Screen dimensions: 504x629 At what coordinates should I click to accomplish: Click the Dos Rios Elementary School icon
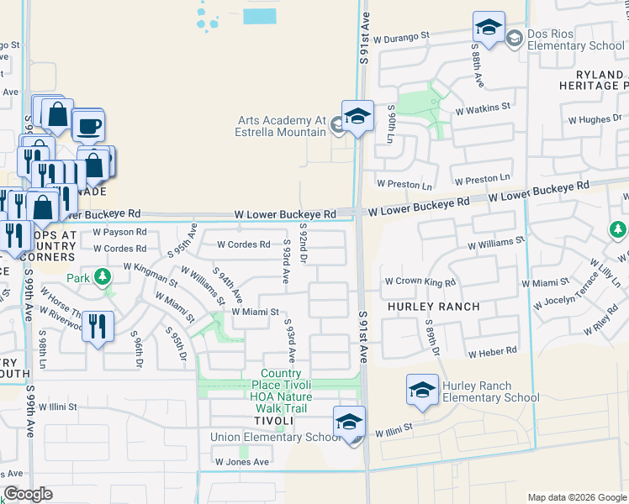(x=488, y=28)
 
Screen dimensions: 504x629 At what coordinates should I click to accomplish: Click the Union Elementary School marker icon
(x=349, y=421)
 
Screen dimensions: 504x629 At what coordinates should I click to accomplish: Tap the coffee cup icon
(x=87, y=126)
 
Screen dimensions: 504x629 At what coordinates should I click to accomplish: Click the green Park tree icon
(x=102, y=276)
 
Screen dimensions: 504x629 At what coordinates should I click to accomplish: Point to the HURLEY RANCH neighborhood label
(x=434, y=307)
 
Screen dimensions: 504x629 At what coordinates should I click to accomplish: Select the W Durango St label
(x=402, y=36)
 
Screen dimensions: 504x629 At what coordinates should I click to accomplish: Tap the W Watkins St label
(x=483, y=108)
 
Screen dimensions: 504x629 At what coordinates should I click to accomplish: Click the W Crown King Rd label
(x=420, y=282)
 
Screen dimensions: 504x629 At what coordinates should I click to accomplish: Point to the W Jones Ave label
(x=241, y=462)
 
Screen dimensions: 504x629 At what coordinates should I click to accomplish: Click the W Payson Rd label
(x=119, y=232)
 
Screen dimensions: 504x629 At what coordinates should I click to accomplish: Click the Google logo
(x=28, y=494)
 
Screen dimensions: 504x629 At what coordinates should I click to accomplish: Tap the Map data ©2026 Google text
(x=576, y=497)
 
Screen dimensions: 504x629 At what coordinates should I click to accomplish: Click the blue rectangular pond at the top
(x=259, y=16)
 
